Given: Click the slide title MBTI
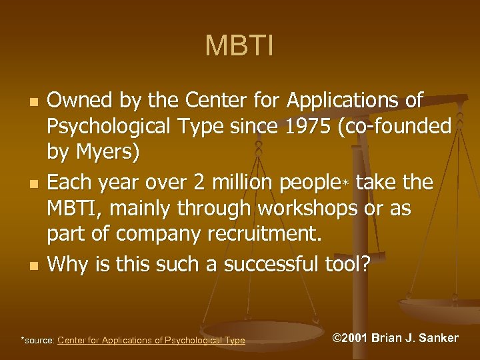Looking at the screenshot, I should click(x=239, y=47).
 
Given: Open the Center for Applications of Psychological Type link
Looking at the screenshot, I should click(x=151, y=341).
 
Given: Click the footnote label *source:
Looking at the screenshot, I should click(x=39, y=341).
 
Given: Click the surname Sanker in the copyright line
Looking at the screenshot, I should click(x=437, y=338).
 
